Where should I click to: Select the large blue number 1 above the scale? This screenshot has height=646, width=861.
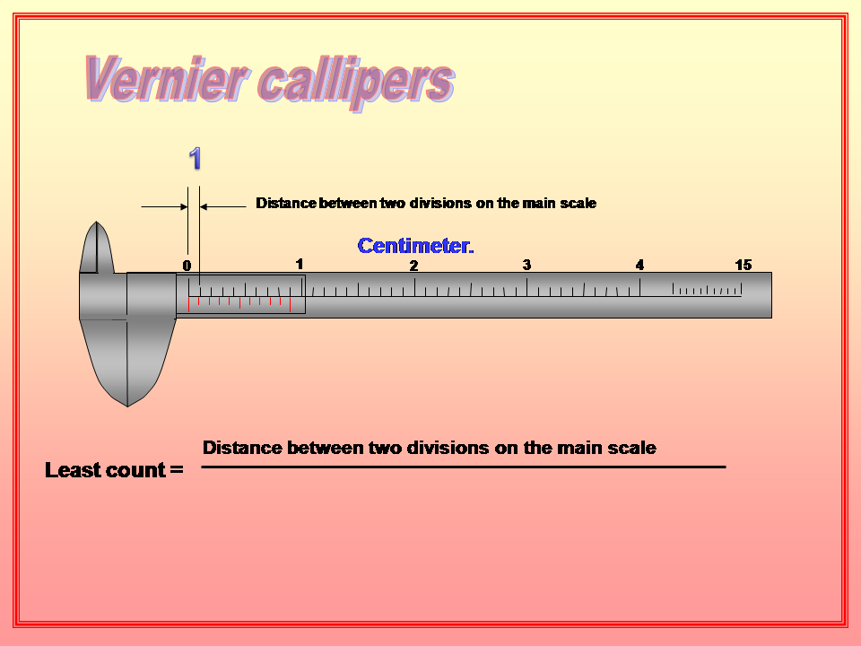[195, 159]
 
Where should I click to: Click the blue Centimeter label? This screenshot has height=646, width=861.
[415, 246]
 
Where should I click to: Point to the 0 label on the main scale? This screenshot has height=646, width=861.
[187, 266]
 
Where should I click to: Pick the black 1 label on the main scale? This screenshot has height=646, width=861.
[300, 263]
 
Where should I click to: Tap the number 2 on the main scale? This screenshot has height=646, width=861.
[413, 266]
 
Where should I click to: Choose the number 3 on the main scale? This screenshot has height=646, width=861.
[526, 265]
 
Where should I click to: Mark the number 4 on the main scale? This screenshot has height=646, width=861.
[639, 265]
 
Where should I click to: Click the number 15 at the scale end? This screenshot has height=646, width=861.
[743, 265]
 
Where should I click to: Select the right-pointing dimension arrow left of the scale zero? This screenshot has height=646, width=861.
[165, 206]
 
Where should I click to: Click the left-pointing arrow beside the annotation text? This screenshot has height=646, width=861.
[221, 206]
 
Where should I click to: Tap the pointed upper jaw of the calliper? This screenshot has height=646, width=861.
[97, 247]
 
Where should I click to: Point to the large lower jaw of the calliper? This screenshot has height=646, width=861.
[126, 359]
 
